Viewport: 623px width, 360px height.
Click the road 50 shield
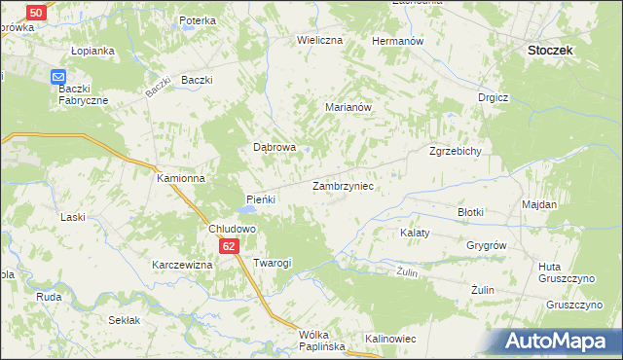36,12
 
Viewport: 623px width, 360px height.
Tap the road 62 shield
228,246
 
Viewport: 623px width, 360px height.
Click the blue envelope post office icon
58,77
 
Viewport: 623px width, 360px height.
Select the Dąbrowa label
274,148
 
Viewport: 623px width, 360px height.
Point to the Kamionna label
181,179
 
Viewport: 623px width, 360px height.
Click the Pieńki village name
261,199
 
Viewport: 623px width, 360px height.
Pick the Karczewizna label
182,265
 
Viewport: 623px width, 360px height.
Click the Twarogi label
273,264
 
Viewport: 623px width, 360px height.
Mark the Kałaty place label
416,234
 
